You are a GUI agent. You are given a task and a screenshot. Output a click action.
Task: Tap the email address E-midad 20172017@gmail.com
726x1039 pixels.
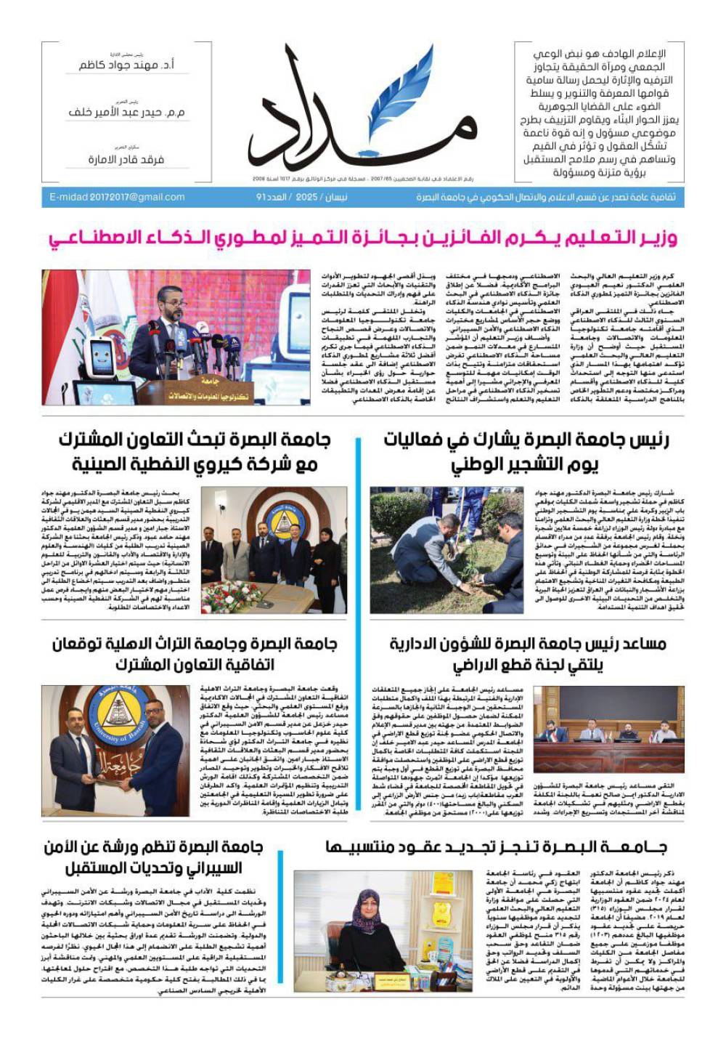(x=117, y=197)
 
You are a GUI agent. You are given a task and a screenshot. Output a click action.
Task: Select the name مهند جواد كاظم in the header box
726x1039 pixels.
(x=126, y=65)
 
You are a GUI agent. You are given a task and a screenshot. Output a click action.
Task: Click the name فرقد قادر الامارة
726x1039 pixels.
(x=126, y=159)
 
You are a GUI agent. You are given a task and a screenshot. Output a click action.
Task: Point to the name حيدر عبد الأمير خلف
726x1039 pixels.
(x=126, y=113)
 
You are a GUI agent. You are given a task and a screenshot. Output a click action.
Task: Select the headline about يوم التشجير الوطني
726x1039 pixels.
(x=526, y=451)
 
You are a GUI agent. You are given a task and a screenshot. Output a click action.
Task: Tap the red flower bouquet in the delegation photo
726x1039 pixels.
(x=232, y=595)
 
